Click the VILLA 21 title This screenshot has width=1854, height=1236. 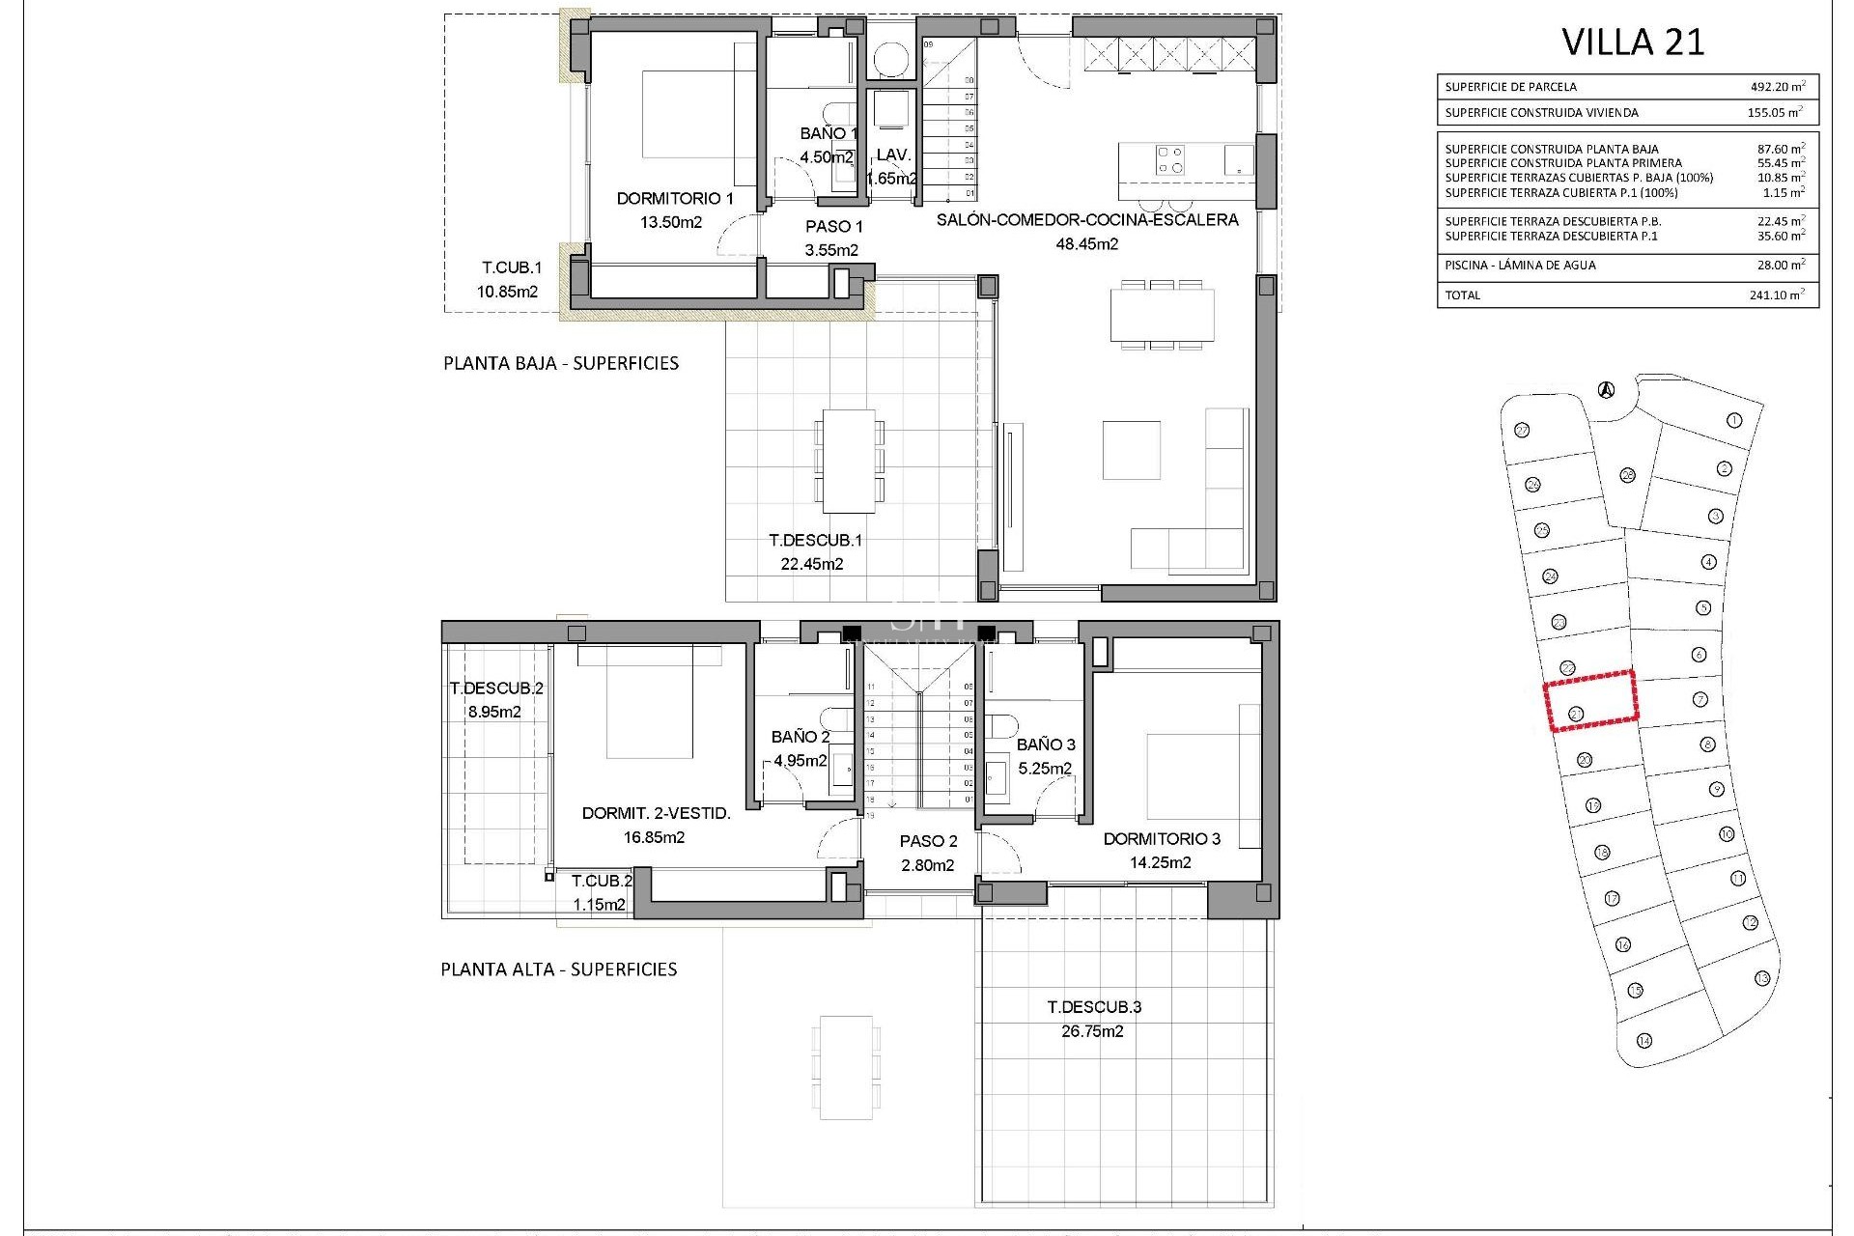1633,42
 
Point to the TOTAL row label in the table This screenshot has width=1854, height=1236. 1462,295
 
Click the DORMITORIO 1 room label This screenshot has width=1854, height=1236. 675,199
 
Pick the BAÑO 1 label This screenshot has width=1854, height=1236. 829,134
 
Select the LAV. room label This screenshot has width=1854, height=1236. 893,155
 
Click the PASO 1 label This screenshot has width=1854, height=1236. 833,227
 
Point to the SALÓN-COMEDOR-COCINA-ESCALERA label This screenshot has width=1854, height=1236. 1087,220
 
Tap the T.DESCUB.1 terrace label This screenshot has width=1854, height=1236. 815,541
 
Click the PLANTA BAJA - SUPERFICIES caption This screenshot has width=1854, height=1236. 561,364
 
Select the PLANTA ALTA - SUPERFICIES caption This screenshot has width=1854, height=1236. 559,969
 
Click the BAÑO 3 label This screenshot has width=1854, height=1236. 1046,744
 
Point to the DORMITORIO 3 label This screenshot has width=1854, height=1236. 1162,839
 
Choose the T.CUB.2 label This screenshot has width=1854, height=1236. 602,882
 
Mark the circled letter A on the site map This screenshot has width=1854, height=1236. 1605,391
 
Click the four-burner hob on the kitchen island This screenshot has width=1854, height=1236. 1171,159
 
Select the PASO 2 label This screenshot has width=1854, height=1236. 928,842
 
